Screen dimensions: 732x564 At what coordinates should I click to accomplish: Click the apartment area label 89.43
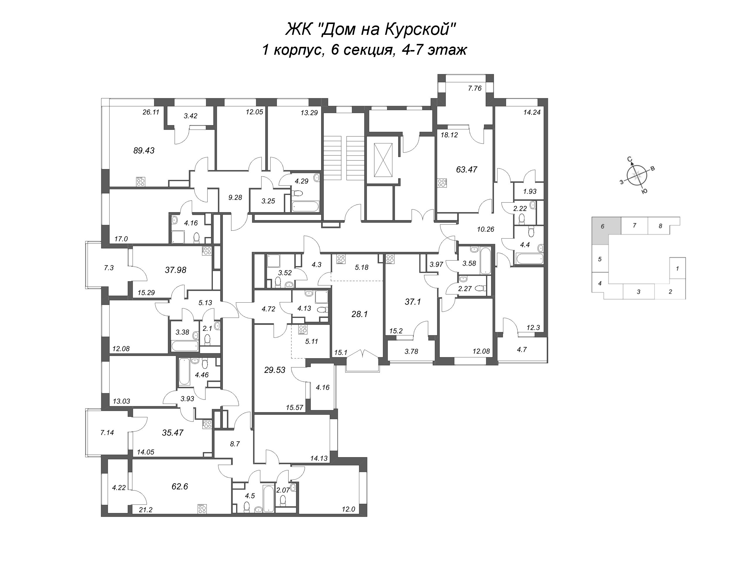point(144,150)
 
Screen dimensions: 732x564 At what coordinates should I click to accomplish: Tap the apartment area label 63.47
point(466,169)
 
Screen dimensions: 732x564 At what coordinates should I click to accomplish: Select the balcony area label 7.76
point(475,88)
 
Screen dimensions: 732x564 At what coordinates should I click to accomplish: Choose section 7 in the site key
point(634,226)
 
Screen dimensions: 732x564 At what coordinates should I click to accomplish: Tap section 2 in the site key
point(670,292)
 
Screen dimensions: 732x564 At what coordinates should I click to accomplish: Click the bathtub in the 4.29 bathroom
point(305,206)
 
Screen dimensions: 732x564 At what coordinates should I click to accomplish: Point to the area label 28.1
point(360,314)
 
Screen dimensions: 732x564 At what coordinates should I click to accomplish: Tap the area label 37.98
point(176,270)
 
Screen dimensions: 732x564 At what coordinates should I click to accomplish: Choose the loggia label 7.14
point(107,433)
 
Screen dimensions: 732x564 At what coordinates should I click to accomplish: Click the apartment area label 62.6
point(180,486)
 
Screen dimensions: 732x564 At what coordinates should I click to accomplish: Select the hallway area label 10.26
point(486,229)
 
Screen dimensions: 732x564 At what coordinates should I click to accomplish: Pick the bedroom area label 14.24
point(532,113)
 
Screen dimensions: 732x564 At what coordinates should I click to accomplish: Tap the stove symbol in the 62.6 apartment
point(202,508)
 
